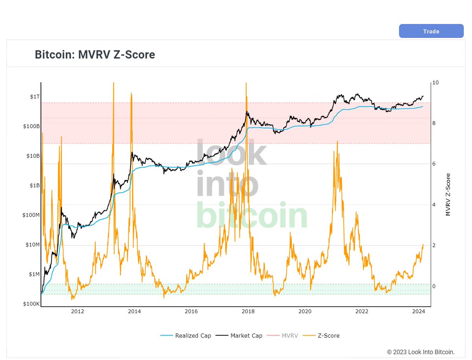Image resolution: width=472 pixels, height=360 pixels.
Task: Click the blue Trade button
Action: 431,31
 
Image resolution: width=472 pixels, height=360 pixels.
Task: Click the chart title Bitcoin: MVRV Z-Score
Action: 95,54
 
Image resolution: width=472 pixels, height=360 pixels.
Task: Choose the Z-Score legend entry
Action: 325,336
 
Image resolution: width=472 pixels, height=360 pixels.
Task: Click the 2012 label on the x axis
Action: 77,312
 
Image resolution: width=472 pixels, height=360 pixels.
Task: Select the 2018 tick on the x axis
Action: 248,312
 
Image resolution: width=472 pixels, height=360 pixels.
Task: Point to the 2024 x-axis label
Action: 419,312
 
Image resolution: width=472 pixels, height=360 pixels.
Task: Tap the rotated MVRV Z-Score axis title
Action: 448,195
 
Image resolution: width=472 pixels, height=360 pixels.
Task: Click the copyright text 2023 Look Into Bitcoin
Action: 420,352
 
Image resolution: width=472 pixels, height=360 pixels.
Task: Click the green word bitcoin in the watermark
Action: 252,215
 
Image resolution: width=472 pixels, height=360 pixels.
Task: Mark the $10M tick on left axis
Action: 31,245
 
